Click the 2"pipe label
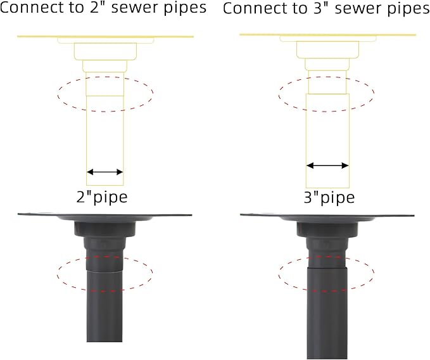pos(102,197)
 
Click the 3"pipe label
pos(329,198)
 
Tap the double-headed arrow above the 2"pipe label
pos(104,172)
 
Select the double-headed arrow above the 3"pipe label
pos(327,165)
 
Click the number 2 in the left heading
pos(94,8)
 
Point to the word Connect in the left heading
pos(32,8)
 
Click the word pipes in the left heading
pos(185,8)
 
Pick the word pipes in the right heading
pos(408,10)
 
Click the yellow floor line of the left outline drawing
pos(106,36)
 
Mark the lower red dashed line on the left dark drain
pos(104,290)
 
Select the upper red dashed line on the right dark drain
pos(326,257)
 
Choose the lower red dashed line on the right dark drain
pos(327,290)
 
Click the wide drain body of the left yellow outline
pos(105,51)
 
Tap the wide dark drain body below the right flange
pos(327,230)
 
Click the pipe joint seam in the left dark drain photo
pos(104,271)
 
